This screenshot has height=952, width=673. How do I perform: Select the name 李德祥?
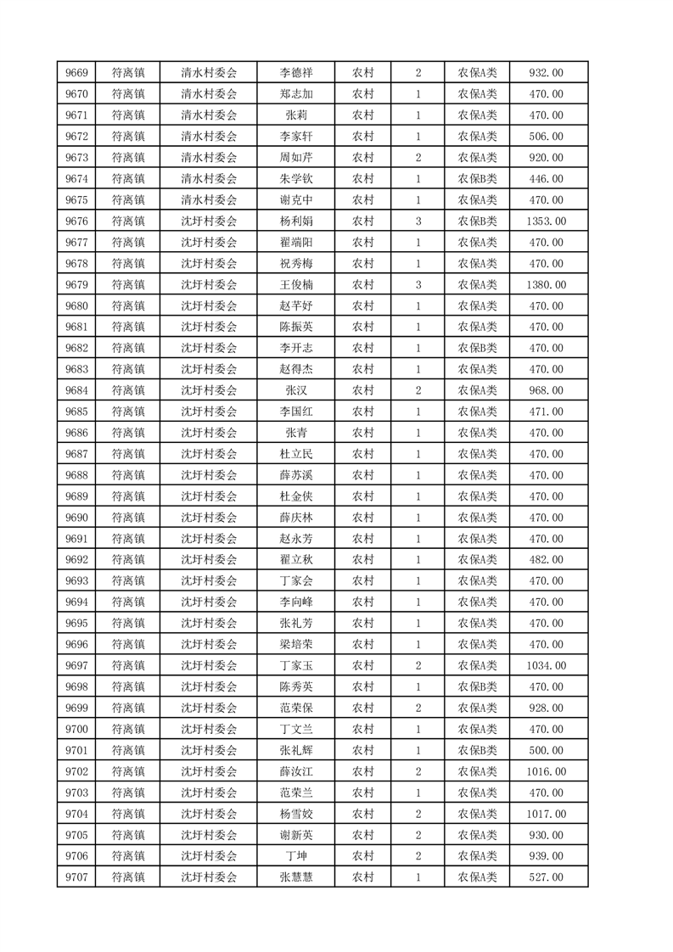coord(295,73)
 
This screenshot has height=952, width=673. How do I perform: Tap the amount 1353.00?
coord(546,221)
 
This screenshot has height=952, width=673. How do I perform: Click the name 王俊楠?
coord(295,285)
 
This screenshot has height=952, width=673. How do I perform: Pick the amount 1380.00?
coord(546,285)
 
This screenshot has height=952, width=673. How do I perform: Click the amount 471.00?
coord(546,412)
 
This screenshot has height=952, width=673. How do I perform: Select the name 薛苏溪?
coord(295,475)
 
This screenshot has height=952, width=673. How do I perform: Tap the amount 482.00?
coord(546,560)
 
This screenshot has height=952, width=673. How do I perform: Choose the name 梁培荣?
coord(295,644)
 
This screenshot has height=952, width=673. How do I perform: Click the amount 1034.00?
coord(546,665)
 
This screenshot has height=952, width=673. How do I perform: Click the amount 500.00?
coord(546,750)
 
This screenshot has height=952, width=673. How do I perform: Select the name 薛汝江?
coord(295,771)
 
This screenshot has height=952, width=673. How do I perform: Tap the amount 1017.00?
coord(546,814)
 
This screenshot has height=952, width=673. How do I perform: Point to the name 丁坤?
coord(295,856)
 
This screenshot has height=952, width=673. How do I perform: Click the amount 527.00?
coord(546,877)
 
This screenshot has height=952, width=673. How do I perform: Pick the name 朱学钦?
coord(295,179)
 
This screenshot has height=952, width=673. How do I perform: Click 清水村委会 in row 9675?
coord(209,200)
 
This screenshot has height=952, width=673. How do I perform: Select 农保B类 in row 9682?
coord(478,348)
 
